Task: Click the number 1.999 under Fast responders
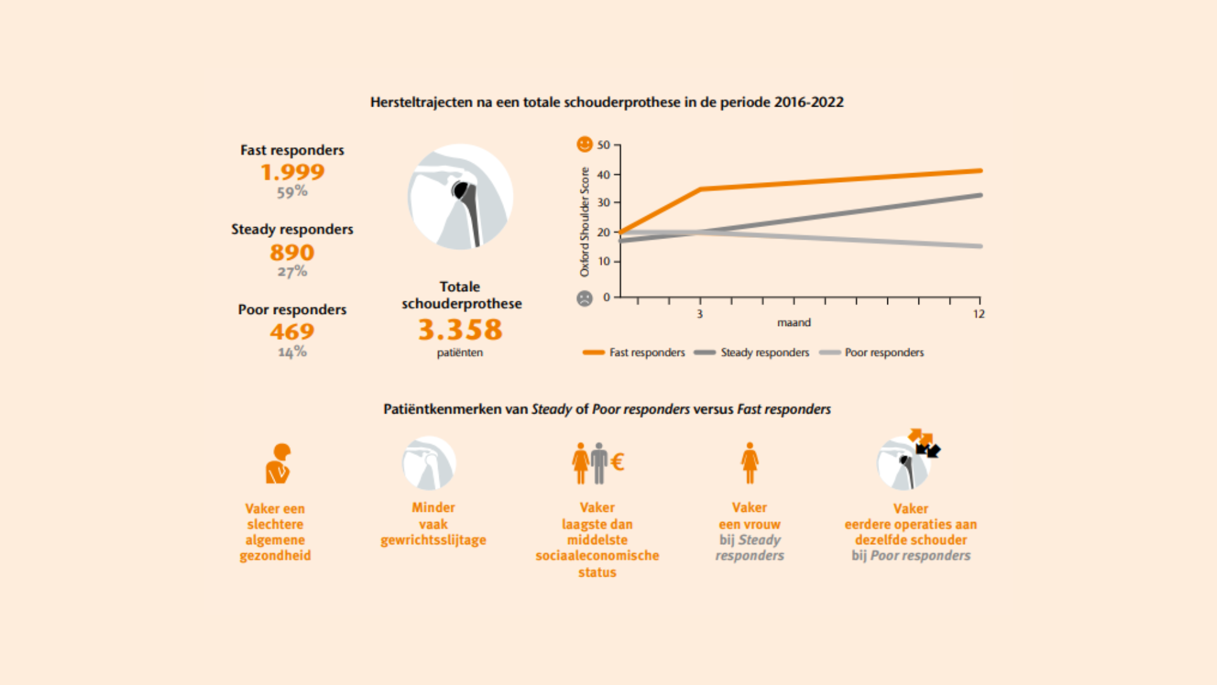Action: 292,172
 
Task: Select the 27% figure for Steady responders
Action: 292,271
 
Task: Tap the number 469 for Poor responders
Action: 292,331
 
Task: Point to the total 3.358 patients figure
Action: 460,329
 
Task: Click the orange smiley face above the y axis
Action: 584,145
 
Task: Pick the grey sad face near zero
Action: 584,298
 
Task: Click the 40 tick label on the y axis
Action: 603,174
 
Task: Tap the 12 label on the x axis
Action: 979,314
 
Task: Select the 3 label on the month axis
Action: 700,314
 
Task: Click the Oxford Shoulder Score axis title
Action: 584,222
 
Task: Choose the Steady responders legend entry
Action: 752,353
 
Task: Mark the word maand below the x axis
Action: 794,323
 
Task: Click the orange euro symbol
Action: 617,462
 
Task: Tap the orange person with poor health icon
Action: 278,464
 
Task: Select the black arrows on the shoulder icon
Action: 929,450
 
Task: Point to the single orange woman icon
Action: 750,463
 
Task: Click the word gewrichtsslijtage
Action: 434,540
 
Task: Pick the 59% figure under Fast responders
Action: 292,192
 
